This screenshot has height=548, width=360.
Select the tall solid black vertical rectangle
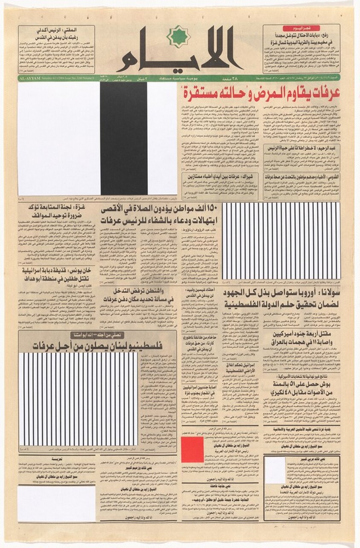point(124,139)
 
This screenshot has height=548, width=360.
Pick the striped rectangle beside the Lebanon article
point(78,399)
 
